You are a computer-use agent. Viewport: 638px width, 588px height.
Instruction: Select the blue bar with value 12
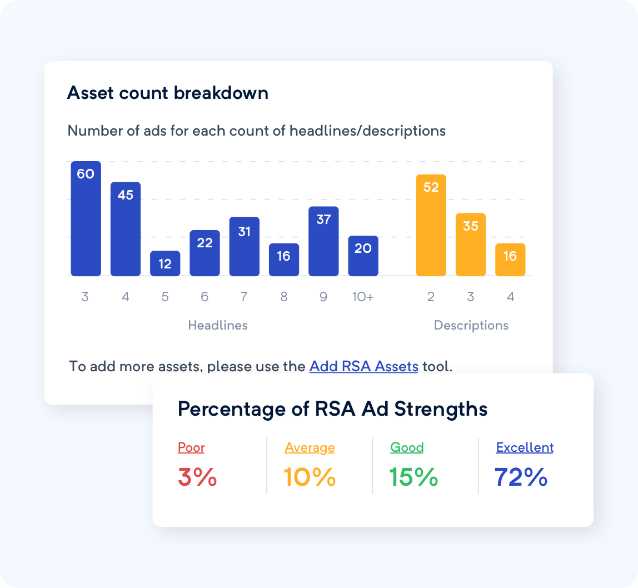click(165, 263)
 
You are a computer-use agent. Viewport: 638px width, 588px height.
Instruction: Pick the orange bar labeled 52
click(431, 225)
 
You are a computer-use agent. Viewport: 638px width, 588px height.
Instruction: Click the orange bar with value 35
click(471, 245)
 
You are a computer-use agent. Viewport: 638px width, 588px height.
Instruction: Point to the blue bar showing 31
click(244, 246)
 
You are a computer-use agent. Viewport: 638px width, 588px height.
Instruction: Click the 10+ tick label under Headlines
click(363, 297)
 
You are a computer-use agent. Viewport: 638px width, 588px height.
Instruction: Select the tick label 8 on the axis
click(284, 297)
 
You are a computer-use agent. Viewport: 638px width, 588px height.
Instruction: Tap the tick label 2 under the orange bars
click(431, 297)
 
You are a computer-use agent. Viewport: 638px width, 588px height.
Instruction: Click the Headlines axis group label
click(218, 325)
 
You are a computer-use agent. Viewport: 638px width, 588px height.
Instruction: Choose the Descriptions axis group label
click(471, 325)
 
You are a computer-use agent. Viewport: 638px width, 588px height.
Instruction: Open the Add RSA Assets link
click(363, 367)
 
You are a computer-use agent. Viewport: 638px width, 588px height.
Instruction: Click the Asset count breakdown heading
click(168, 93)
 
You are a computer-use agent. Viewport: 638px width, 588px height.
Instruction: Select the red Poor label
click(191, 447)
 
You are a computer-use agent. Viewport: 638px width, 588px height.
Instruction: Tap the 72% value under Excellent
click(521, 477)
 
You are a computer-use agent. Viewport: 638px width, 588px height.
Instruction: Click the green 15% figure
click(413, 477)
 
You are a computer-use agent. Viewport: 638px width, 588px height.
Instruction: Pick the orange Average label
click(310, 447)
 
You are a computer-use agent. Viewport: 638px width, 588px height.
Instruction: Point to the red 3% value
click(197, 477)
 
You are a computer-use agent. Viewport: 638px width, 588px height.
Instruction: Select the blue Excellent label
click(525, 447)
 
